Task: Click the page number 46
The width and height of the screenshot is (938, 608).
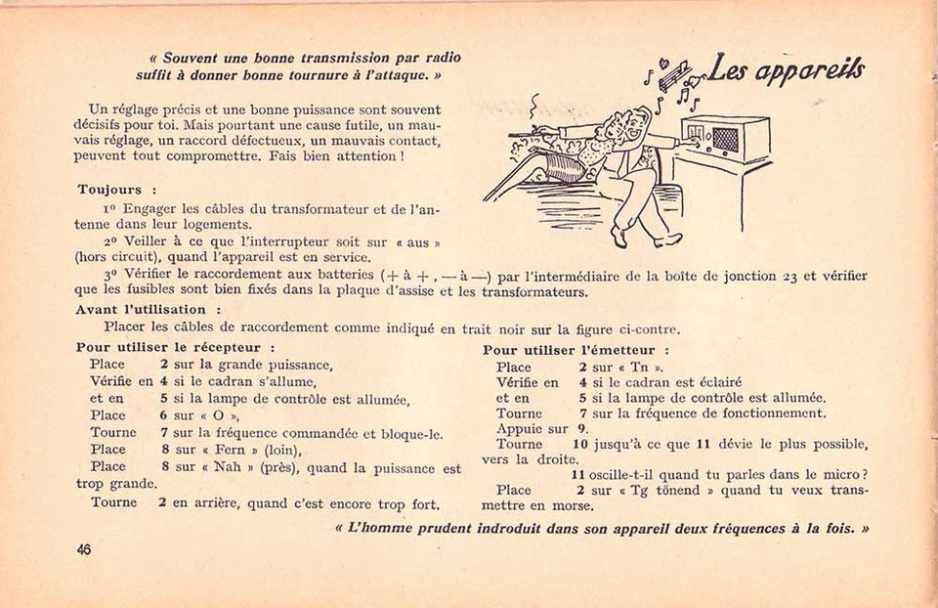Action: [84, 548]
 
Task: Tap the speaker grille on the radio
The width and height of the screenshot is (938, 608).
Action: [725, 140]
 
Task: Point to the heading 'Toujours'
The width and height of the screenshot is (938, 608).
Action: [109, 190]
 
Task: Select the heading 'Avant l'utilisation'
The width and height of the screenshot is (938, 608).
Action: [141, 310]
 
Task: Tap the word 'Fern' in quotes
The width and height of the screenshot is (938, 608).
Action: [230, 450]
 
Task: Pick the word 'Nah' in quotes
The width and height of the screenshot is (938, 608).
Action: [227, 466]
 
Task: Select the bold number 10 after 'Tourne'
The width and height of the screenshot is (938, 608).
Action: [580, 444]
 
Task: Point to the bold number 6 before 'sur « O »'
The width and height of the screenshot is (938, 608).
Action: [163, 415]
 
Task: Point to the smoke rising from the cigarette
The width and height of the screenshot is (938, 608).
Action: [533, 108]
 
